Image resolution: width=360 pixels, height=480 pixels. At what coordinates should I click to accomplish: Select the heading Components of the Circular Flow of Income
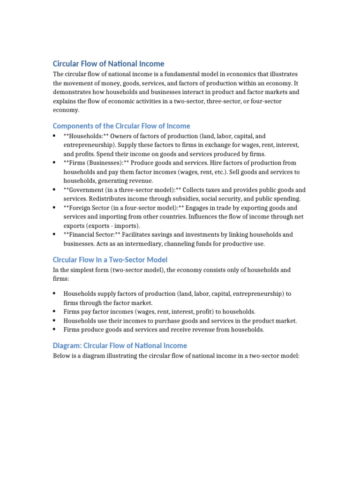coord(121,126)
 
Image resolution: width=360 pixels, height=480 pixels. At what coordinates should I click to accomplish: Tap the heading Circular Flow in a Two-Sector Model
coord(110,259)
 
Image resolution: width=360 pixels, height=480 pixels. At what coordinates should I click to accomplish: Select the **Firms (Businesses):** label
coord(97,163)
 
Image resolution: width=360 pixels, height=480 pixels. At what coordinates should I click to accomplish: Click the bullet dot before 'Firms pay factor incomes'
coord(54,311)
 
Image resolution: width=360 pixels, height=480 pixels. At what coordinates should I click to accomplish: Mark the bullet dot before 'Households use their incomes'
coord(54,320)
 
